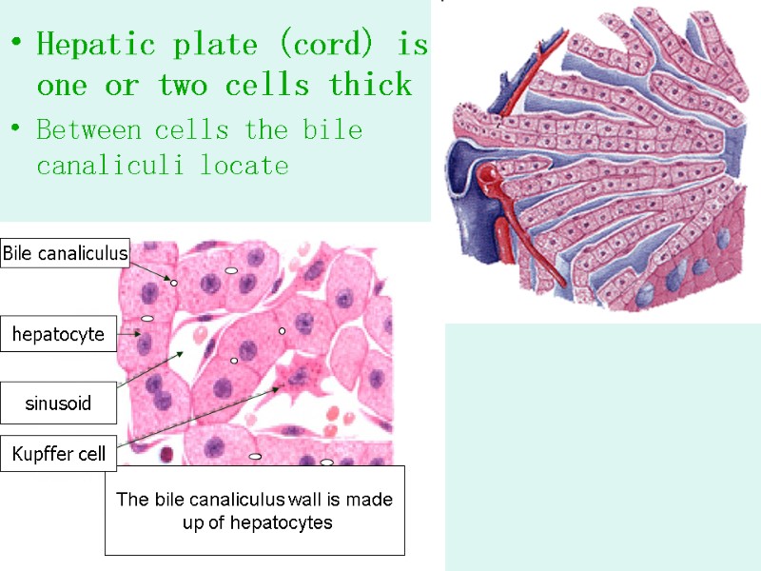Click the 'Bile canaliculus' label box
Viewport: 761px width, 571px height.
[x=65, y=253]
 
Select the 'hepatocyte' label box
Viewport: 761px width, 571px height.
[x=58, y=334]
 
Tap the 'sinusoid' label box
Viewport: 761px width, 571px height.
[x=58, y=404]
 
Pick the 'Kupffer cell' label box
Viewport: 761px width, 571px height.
[x=59, y=455]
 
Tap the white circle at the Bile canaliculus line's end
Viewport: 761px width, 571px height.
[x=174, y=283]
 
